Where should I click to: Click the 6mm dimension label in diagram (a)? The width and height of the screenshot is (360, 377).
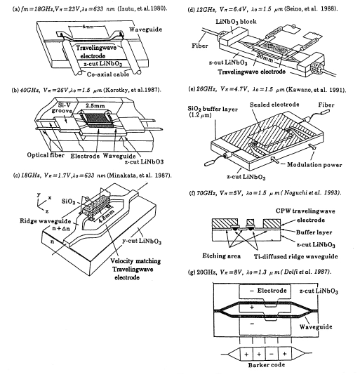pos(88,27)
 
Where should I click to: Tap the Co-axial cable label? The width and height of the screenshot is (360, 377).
pos(108,74)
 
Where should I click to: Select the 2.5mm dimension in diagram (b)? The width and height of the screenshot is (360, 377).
pos(95,105)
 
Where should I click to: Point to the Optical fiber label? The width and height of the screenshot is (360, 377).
pos(46,155)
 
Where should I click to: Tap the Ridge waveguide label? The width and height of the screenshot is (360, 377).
pos(45,221)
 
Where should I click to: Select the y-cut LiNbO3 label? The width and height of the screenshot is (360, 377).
pos(142,242)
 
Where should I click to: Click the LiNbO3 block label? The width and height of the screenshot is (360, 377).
pos(236,22)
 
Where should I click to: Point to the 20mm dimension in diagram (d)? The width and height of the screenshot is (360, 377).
pos(264,58)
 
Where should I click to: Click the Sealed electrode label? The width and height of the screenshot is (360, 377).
pos(274,105)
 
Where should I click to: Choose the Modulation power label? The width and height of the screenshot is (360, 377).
pos(314,165)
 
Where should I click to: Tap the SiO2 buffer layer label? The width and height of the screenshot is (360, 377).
pos(213,109)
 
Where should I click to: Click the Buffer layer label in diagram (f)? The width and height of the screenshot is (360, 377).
pos(314,232)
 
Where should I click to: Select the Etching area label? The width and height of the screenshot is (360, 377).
pos(221,256)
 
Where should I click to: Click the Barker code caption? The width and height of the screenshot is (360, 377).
pos(266,365)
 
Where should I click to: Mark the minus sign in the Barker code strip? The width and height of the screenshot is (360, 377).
pos(272,354)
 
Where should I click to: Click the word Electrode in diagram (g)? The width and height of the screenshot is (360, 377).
pos(272,291)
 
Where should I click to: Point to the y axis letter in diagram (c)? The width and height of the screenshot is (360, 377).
pos(39,194)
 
